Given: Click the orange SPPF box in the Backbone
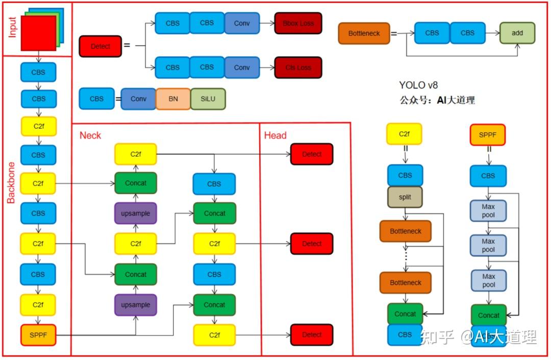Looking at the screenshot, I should pyautogui.click(x=38, y=334).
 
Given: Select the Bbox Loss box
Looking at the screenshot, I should pyautogui.click(x=298, y=23).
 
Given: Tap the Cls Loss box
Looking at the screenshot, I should pyautogui.click(x=298, y=67).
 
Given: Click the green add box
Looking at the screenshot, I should pyautogui.click(x=517, y=33).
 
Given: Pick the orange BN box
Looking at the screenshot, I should pyautogui.click(x=173, y=99).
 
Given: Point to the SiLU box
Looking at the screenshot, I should pyautogui.click(x=208, y=99).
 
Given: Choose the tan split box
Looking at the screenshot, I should pyautogui.click(x=405, y=197).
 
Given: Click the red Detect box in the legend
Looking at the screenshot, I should pyautogui.click(x=101, y=46).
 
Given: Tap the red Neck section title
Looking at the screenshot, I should pyautogui.click(x=90, y=135).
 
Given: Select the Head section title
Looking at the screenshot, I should pyautogui.click(x=275, y=135).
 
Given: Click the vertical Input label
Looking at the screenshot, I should pyautogui.click(x=12, y=28).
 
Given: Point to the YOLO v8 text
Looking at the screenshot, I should pyautogui.click(x=418, y=85).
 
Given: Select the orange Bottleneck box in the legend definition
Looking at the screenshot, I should pyautogui.click(x=364, y=34).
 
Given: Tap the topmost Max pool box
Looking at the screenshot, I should pyautogui.click(x=488, y=210).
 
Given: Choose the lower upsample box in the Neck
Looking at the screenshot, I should pyautogui.click(x=136, y=305).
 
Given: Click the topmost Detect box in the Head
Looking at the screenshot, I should pyautogui.click(x=312, y=154).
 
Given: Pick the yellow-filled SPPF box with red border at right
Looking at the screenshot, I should pyautogui.click(x=488, y=135).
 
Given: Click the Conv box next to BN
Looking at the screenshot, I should pyautogui.click(x=138, y=99).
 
